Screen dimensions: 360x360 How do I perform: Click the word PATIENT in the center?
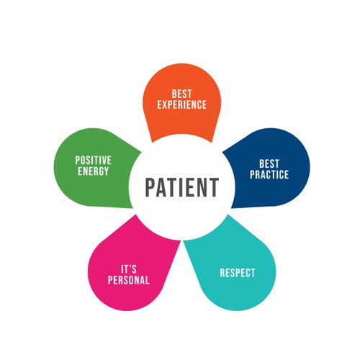coord(182,187)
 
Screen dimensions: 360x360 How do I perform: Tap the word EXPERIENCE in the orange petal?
coord(182,104)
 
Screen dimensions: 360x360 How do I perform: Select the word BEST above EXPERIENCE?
coord(181,94)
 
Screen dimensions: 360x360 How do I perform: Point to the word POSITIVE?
coord(94,161)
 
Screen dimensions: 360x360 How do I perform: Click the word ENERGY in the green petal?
coord(94,171)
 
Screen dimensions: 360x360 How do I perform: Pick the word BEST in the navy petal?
coord(269,164)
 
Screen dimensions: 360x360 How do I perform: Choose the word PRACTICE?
coord(269,174)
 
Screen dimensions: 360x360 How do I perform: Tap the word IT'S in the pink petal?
coord(129,269)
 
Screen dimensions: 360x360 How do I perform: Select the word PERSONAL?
coord(129,280)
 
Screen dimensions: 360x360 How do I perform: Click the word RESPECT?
coord(238,273)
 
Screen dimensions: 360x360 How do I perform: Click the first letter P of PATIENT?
coord(150,187)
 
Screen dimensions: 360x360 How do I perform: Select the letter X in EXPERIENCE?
coord(167,104)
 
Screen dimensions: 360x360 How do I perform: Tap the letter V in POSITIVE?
coord(104,161)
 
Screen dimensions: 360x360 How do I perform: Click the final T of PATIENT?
coord(213,187)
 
